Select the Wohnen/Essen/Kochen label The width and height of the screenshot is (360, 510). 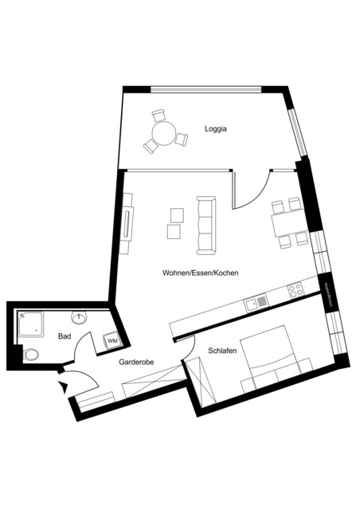201,273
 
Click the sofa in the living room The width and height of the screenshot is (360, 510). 206,226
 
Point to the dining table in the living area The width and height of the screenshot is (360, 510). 287,225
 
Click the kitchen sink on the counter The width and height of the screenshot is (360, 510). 257,301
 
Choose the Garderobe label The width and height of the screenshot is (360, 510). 136,362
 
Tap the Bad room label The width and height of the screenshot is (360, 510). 65,336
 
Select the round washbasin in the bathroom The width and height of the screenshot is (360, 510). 78,319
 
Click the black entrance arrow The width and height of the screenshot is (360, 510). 62,388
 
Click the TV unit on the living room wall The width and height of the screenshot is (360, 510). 127,229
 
